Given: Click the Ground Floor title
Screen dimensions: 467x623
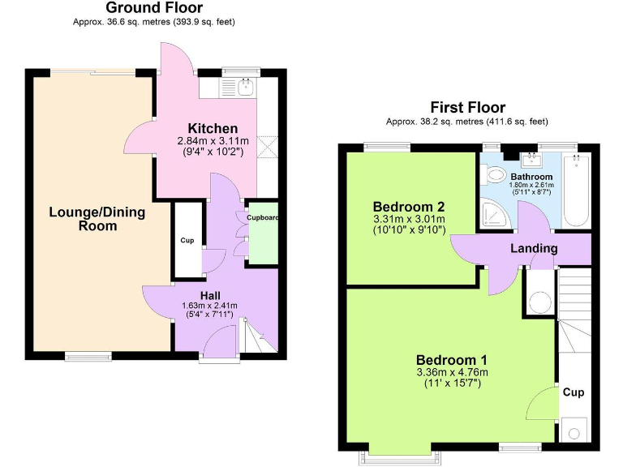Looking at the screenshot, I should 154,8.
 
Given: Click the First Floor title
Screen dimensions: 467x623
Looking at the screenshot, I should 467,108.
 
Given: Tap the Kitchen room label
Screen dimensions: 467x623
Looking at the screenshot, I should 213,128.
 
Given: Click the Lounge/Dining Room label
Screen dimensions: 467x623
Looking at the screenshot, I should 97,219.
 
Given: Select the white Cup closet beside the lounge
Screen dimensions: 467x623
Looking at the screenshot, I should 187,241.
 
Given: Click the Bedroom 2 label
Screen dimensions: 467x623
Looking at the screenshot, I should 409,206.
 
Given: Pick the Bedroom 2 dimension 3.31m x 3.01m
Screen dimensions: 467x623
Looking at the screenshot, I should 409,219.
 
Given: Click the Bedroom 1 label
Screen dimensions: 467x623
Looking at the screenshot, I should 452,360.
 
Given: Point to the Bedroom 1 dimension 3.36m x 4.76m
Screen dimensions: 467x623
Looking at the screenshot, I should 452,373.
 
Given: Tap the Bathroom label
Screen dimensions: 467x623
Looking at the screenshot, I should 531,177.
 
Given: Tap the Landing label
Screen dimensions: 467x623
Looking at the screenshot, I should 533,248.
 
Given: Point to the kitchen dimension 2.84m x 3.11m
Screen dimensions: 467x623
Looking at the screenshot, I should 213,141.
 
